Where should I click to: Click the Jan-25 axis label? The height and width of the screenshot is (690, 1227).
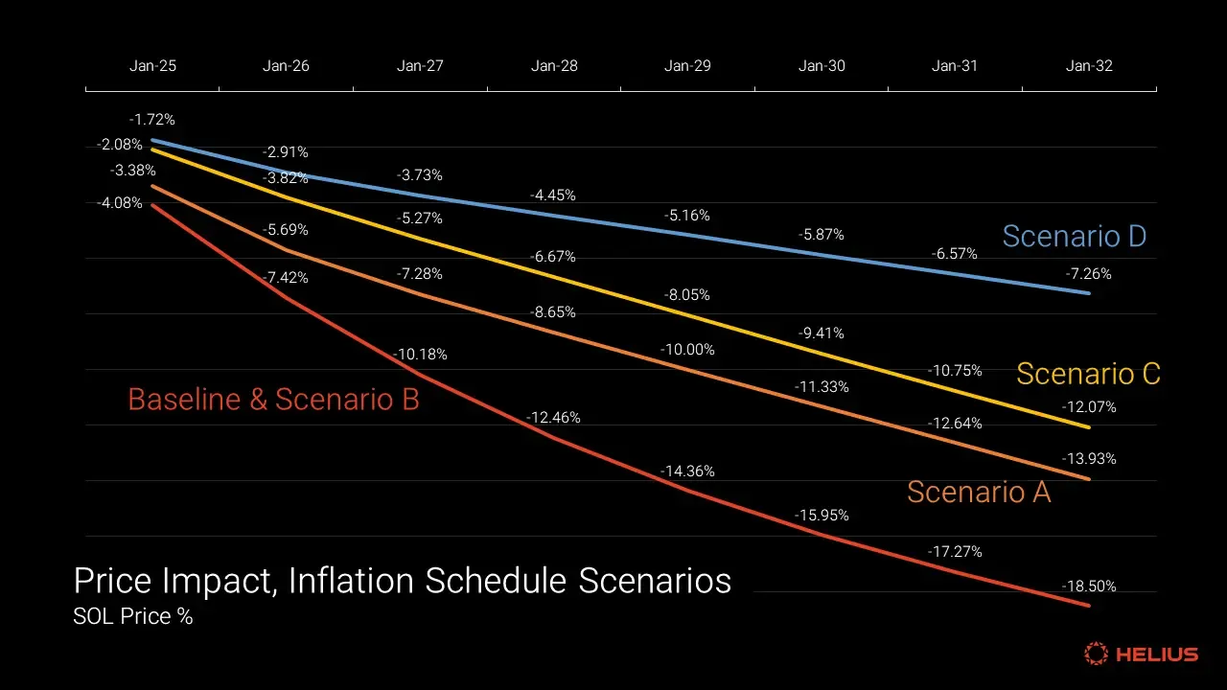point(152,66)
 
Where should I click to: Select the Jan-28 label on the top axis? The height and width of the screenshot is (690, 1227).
point(554,66)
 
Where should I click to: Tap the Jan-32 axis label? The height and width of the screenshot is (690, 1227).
point(1089,66)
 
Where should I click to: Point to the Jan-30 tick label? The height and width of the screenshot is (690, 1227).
point(822,66)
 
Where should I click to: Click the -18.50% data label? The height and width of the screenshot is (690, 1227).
point(1089,586)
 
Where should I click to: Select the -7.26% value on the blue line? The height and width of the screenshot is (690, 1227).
point(1089,274)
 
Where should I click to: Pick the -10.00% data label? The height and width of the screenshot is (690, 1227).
point(687,350)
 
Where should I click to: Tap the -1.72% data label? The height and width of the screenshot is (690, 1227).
point(152,120)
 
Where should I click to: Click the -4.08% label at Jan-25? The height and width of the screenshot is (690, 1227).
point(120,203)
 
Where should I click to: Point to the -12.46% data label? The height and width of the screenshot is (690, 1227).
point(553,418)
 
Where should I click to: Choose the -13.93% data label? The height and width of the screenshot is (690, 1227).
point(1089,459)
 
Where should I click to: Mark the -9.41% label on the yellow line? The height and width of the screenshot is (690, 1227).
point(822,333)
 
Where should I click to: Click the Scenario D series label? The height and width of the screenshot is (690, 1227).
point(1074,236)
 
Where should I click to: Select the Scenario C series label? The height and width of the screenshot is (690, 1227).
point(1088,373)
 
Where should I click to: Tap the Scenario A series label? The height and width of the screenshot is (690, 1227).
point(979,492)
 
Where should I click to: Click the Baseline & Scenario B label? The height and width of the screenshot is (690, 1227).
point(273,399)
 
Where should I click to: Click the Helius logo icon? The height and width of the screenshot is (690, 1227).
point(1096,655)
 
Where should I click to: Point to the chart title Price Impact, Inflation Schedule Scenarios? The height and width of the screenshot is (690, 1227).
point(403,581)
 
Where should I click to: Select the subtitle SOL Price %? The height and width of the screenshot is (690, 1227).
point(133,616)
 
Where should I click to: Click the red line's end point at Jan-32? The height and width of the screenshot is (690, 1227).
point(1089,606)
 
